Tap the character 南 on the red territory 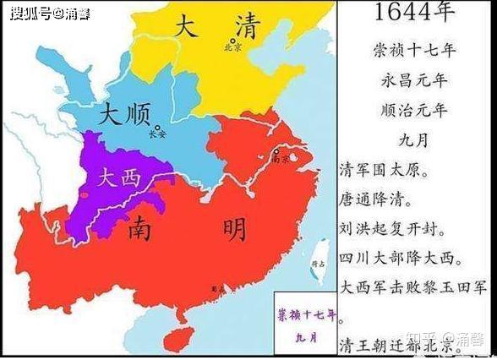click(x=150, y=228)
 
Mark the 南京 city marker click(x=276, y=151)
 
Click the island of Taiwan click(x=320, y=254)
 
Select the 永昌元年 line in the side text click(x=417, y=80)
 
